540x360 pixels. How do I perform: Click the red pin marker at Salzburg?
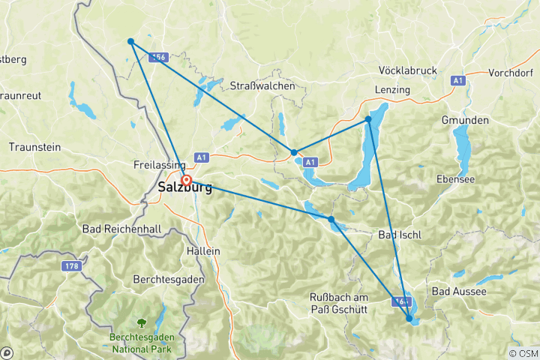click(x=186, y=180)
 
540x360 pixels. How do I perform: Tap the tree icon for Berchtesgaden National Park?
click(x=141, y=323)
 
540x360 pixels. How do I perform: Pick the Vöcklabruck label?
click(x=408, y=70)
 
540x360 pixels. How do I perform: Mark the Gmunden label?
click(x=465, y=120)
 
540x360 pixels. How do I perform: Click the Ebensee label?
click(x=458, y=178)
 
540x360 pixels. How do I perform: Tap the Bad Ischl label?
click(x=400, y=235)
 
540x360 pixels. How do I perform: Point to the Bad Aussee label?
click(x=459, y=290)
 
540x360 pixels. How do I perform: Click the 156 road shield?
click(x=157, y=57)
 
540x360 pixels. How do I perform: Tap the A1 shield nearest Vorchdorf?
click(x=457, y=80)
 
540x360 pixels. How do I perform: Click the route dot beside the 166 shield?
click(x=409, y=319)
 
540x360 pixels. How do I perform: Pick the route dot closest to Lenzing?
click(x=368, y=119)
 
